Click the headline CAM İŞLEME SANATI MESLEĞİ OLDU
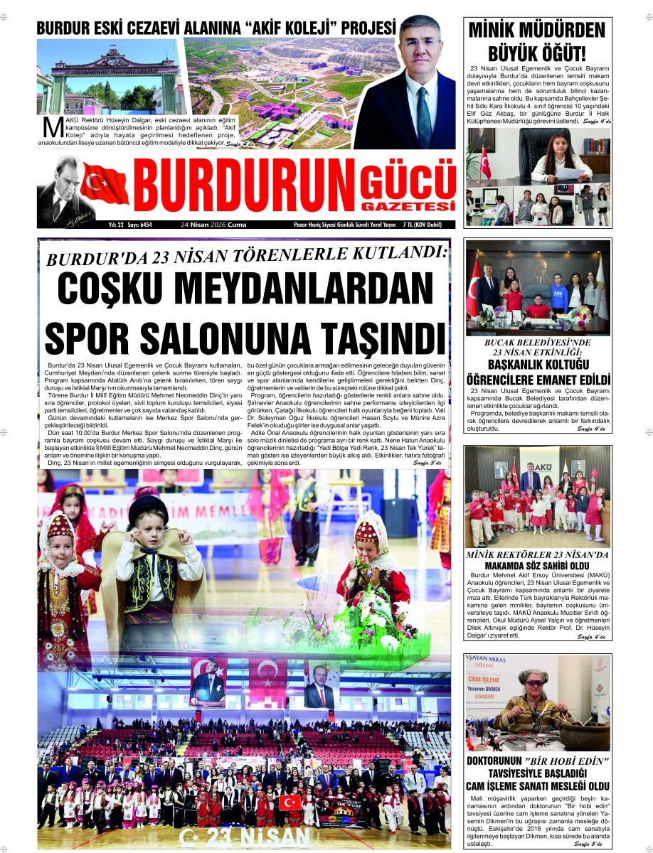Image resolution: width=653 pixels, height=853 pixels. (x=538, y=785)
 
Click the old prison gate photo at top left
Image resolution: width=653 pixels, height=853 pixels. (x=108, y=77)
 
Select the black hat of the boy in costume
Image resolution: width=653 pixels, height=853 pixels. (x=147, y=510)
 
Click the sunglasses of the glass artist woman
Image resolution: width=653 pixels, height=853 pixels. (x=531, y=683)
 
